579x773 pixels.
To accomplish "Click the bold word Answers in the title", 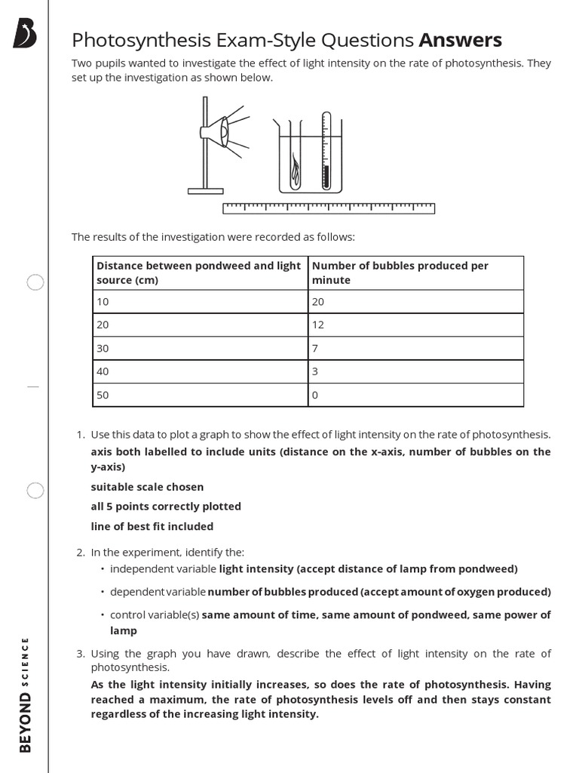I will (x=460, y=40).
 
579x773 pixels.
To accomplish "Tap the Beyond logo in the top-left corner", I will (x=24, y=34).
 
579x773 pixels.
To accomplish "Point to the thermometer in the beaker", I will (x=326, y=151).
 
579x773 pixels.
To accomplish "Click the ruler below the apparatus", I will (x=329, y=208).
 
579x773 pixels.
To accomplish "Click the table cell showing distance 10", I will (x=200, y=301).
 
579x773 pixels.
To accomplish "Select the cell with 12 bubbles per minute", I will (x=415, y=325).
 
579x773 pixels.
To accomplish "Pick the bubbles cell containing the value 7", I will (x=415, y=348).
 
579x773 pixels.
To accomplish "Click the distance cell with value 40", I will (x=200, y=371).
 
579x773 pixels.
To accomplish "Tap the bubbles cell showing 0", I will (x=415, y=395).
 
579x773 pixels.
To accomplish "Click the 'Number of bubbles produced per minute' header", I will (x=415, y=273).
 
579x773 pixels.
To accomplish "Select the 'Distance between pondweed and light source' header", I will (x=200, y=273).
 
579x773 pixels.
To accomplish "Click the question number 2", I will (x=80, y=553).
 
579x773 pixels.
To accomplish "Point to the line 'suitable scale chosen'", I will (x=147, y=487).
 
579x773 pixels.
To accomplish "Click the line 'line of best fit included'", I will (x=152, y=526).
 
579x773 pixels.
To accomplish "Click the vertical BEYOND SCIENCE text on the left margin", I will (x=25, y=694).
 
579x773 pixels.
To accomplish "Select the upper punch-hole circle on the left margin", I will (x=35, y=282).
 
